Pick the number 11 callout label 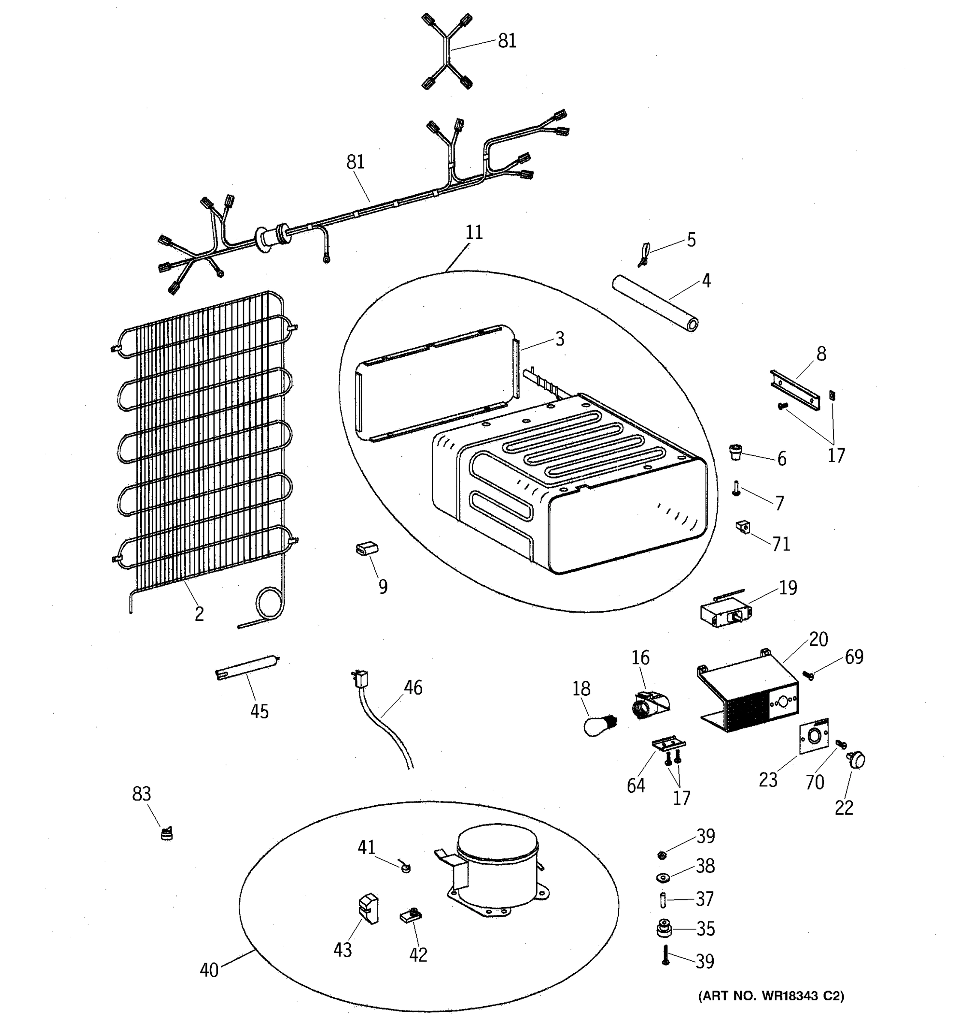pos(474,232)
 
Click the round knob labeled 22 pos(857,760)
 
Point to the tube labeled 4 pos(655,303)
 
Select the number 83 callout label pos(141,794)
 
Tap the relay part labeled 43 pos(368,909)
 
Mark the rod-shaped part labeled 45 pos(247,668)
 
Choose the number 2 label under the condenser pos(199,614)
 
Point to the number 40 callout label pos(209,970)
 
